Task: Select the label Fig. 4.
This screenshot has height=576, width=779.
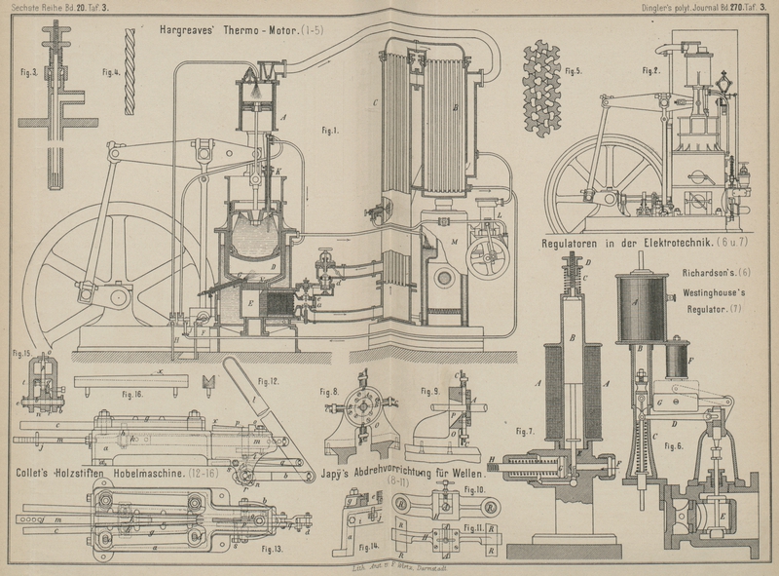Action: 110,71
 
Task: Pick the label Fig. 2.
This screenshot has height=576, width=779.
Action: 650,70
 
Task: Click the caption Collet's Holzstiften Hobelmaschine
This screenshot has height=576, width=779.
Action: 117,474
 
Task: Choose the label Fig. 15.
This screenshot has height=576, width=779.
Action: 21,352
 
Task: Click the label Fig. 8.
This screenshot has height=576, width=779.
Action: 332,392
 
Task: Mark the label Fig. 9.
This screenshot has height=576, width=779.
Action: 431,391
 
